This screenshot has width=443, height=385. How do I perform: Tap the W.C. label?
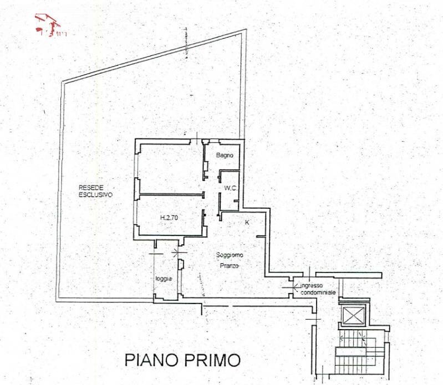(x=231, y=188)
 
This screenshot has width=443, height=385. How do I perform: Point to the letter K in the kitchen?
(x=247, y=222)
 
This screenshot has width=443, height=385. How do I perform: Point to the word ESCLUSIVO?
(x=95, y=196)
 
